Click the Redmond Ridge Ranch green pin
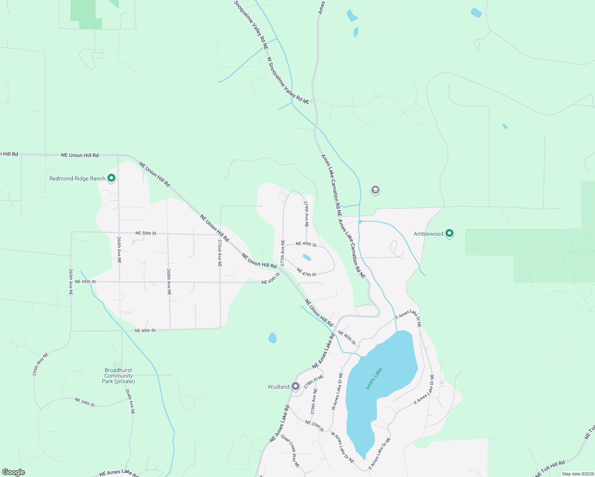(111, 178)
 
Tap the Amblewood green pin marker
(449, 233)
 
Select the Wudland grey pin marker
(295, 386)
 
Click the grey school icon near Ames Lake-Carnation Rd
(375, 190)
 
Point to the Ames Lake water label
(373, 378)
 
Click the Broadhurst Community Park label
(118, 376)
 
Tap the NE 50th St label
(146, 233)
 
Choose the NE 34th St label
(85, 402)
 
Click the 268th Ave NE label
(169, 281)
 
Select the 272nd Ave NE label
(220, 253)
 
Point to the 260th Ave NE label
(71, 282)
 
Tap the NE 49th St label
(306, 244)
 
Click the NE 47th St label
(306, 272)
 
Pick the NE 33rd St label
(315, 425)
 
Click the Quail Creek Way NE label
(290, 451)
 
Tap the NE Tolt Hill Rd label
(550, 469)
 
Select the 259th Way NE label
(40, 365)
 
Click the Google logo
(13, 472)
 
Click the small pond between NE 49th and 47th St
(307, 257)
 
